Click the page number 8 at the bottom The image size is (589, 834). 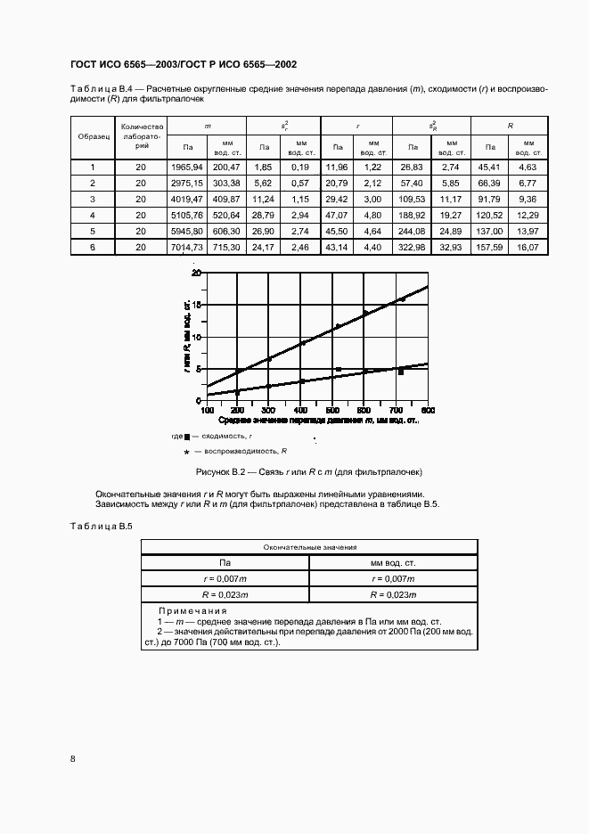pos(72,758)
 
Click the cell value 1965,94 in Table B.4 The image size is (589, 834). pos(187,167)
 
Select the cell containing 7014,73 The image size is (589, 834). pos(187,247)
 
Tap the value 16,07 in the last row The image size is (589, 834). pos(528,247)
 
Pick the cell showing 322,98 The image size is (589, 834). pos(413,247)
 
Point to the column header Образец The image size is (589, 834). pos(93,137)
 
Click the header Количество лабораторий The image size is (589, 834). pos(141,137)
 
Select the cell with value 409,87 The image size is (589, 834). pos(226,199)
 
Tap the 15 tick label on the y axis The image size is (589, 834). pos(198,305)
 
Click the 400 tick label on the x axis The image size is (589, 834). pos(300,410)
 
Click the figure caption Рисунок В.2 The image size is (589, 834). pos(302,471)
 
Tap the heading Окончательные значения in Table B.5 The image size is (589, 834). pos(310,548)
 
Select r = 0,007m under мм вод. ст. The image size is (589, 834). pos(394,578)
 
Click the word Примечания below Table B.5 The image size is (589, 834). pos(192,610)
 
